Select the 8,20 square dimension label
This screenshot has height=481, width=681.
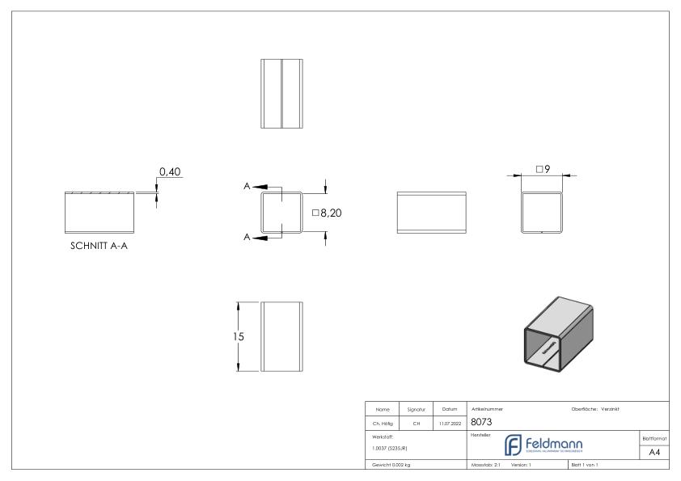326,213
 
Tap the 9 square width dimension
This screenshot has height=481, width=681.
542,169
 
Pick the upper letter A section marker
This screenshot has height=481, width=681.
247,187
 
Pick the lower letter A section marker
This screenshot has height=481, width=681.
247,238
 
